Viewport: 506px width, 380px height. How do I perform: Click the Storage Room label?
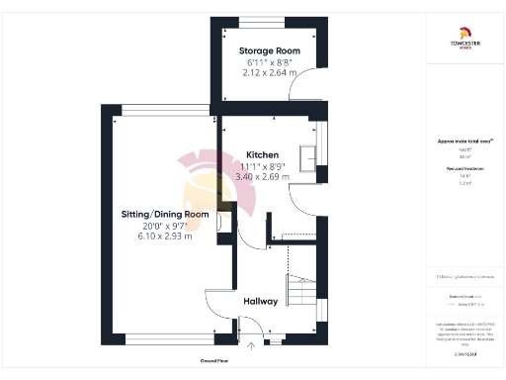pos(269,50)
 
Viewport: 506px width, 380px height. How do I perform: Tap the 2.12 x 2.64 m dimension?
pos(269,71)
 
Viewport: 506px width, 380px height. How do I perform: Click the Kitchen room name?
pos(261,155)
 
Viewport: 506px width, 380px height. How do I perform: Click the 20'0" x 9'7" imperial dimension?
pos(165,226)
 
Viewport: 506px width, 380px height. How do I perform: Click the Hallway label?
pos(261,301)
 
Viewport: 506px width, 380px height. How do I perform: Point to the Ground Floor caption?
pos(214,362)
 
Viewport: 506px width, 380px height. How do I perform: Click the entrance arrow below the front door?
pos(252,346)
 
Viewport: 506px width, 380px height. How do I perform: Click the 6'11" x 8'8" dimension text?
pos(269,61)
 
